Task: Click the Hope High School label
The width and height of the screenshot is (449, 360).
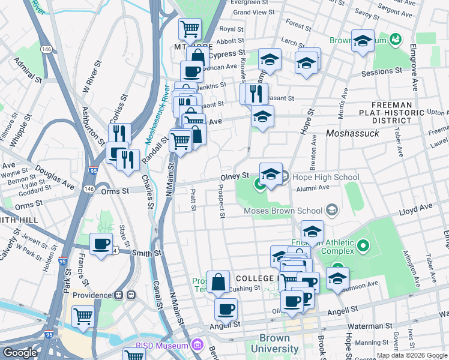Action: point(325,177)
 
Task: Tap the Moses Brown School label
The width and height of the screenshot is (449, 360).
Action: point(283,211)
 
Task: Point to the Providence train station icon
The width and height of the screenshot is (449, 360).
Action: point(124,296)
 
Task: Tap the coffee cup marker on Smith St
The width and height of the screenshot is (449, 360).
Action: point(101,244)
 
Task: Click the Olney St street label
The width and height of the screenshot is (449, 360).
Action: point(235,176)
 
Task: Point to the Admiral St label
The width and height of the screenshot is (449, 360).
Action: point(28,70)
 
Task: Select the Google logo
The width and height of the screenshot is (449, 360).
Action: point(20,353)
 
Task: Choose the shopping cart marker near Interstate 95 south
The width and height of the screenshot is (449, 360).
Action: point(83,316)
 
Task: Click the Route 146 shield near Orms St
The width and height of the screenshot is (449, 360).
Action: point(89,189)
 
